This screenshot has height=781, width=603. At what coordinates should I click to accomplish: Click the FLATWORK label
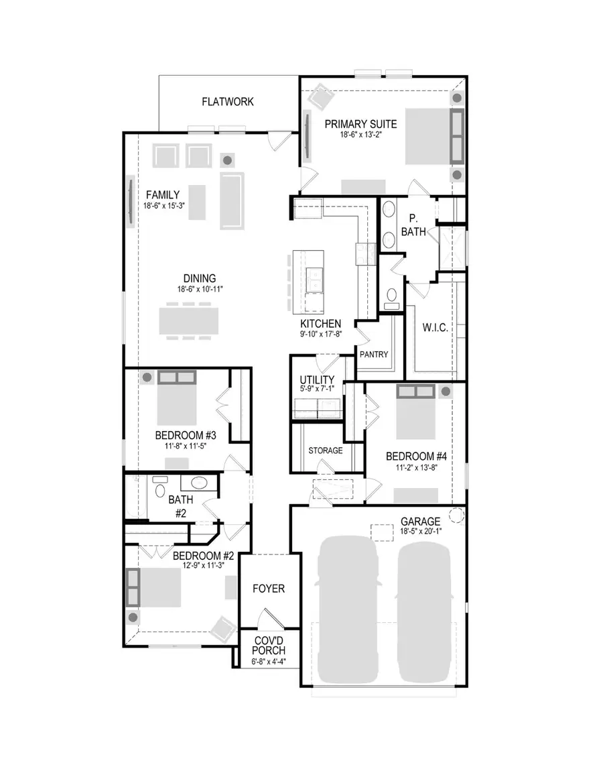point(228,102)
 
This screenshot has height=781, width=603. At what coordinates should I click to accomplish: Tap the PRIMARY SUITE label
point(360,124)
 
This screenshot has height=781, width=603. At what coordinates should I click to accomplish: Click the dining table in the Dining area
point(188,320)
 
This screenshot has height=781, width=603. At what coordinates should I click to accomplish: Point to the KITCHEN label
point(320,323)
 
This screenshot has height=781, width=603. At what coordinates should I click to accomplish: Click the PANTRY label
point(374,355)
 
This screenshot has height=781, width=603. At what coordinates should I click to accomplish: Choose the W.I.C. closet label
point(435,328)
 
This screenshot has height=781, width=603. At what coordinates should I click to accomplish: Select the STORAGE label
point(326,450)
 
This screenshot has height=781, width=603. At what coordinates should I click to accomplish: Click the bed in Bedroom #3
point(177,402)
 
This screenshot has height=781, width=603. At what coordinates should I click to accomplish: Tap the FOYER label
point(269,589)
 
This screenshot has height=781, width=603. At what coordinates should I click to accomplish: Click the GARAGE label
point(420,521)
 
